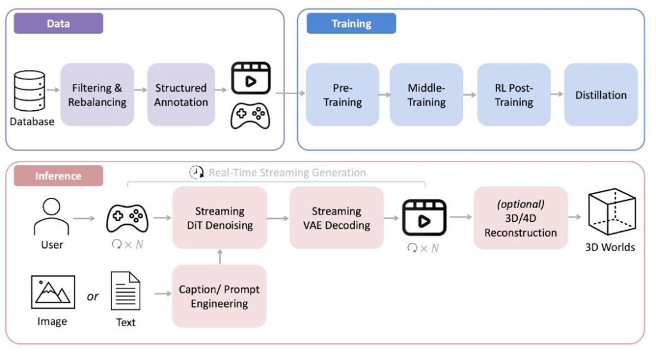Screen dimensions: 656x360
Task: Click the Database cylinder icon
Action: point(29,91)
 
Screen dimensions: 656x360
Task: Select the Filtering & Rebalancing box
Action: point(97,95)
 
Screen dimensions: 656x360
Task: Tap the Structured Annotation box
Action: point(181,95)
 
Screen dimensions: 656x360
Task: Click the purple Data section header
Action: point(58,24)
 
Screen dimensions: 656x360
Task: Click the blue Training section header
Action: point(352,24)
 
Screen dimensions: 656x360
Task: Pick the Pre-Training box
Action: point(343,95)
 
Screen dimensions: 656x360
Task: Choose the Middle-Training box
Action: point(426,95)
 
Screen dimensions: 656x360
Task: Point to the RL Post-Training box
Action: point(514,95)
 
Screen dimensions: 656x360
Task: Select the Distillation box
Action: point(601,95)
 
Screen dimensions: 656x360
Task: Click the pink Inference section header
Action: point(58,176)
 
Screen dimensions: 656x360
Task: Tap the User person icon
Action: point(51,217)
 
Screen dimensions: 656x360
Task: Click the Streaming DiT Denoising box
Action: point(220,218)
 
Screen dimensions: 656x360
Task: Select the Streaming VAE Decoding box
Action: point(336,218)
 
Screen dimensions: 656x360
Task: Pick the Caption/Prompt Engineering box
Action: point(219,296)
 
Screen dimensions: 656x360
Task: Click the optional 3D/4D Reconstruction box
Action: point(520,218)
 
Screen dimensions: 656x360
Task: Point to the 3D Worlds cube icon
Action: point(612,211)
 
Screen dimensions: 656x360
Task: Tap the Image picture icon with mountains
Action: point(53,292)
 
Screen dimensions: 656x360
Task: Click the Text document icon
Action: point(126,291)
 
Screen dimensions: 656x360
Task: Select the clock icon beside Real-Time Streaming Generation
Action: point(196,172)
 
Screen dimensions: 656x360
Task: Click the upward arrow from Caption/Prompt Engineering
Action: point(220,257)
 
